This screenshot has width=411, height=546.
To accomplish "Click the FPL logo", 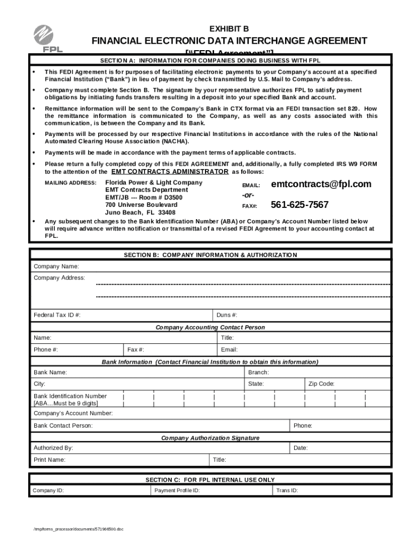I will pos(49,38).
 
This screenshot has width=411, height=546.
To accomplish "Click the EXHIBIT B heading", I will pos(228,28).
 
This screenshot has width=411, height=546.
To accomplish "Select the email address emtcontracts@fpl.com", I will pos(321,184).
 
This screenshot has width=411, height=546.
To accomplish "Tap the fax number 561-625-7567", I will pos(299,205).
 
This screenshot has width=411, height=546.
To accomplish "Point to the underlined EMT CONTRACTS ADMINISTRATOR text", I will pos(170,172).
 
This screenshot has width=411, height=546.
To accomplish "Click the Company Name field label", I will pos(57,266).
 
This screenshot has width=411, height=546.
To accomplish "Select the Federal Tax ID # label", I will pos(57,315).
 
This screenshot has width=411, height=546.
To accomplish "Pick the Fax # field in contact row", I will pos(136,350).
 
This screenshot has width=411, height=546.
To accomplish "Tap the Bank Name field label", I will pos(50,372).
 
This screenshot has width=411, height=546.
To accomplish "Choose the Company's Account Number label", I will pos(73,413).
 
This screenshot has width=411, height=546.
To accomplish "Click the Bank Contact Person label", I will pos(63,425).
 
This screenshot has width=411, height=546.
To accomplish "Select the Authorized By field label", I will pos(53,448).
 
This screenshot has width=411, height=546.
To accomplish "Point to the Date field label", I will pos(301,448).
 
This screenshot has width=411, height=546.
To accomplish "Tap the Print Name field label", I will pos(50,460).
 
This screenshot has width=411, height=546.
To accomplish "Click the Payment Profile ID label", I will pos(177,491).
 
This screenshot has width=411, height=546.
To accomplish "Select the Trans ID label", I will pos(287,491).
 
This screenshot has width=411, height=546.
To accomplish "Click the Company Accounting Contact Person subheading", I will pos(210,327).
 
